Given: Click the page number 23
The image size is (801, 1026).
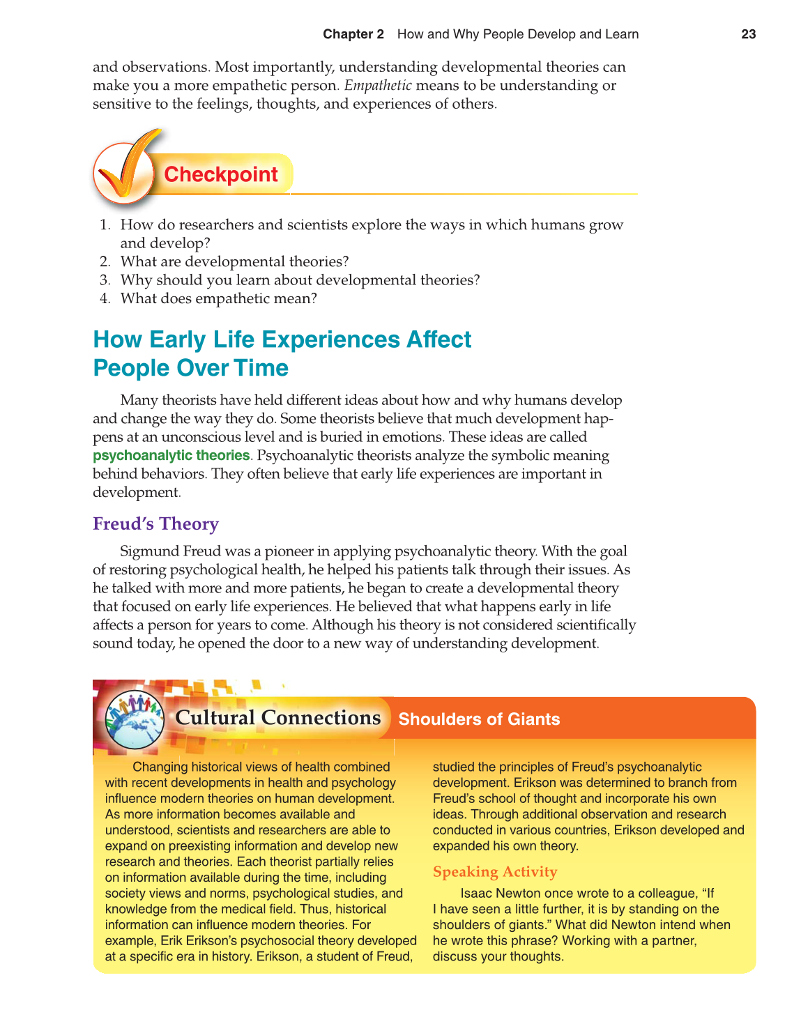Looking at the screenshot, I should (748, 34).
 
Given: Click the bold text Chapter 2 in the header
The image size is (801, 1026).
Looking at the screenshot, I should (353, 34).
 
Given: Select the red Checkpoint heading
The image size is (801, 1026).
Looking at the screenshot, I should (221, 174).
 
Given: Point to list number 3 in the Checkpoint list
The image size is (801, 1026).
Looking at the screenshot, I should (105, 280).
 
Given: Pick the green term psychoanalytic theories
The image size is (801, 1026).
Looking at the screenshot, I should (171, 456).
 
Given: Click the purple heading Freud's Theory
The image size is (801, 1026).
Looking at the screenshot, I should (155, 524).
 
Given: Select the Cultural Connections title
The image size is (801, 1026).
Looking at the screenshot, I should (277, 718).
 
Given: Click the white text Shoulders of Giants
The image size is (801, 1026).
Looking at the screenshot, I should (479, 719).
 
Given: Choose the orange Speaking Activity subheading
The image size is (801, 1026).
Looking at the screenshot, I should (495, 872).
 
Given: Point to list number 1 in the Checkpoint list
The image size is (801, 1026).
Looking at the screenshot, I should (105, 225).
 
